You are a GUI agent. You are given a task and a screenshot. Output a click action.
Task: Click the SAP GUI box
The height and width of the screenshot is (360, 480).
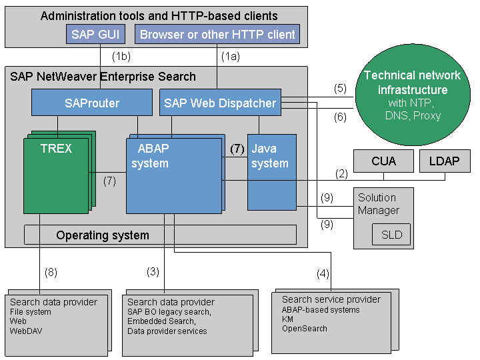[x=99, y=35]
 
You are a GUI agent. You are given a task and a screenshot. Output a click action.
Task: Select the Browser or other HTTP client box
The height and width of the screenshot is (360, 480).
[x=217, y=35]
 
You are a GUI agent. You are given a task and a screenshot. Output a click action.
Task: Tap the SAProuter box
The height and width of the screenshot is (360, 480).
[x=92, y=103]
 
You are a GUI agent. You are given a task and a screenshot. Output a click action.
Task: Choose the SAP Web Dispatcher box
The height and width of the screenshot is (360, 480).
[x=220, y=103]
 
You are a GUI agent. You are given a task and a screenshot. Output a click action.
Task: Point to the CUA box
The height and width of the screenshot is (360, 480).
[x=383, y=161]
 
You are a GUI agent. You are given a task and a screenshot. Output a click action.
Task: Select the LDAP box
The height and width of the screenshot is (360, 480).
[x=445, y=161]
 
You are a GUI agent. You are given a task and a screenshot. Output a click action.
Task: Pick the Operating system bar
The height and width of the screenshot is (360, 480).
[x=160, y=235]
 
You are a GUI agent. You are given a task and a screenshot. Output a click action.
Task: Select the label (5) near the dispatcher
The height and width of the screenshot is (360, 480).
[x=340, y=88]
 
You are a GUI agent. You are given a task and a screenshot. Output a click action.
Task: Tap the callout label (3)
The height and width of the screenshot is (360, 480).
[x=153, y=271]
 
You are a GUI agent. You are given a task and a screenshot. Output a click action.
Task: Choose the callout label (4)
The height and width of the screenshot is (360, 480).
[x=322, y=273]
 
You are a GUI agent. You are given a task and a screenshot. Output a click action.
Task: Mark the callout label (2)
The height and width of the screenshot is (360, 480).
[x=341, y=173]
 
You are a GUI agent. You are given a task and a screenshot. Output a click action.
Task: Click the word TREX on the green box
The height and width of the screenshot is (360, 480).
[x=56, y=149]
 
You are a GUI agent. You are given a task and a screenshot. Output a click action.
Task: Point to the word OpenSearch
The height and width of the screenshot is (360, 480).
[x=304, y=328]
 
